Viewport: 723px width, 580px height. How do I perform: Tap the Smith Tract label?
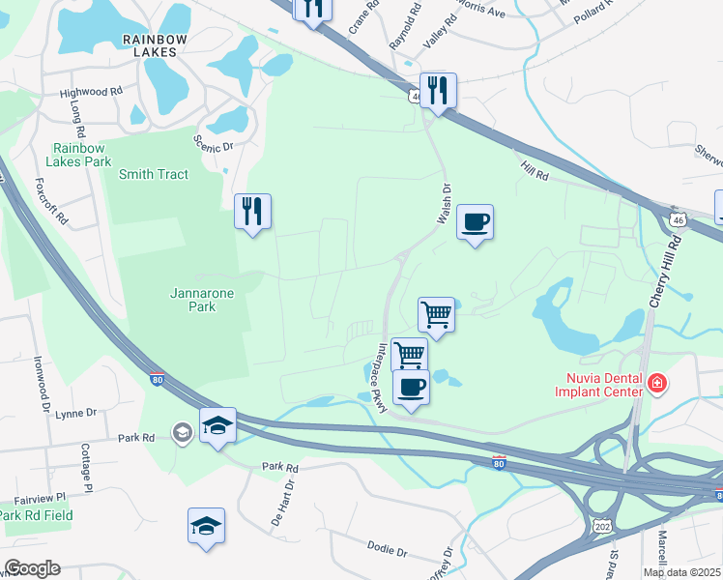pos(154,174)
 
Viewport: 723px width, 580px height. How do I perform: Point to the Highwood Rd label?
pos(91,93)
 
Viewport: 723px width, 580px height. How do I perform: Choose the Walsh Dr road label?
pos(445,207)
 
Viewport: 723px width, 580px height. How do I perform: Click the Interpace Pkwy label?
pos(383,378)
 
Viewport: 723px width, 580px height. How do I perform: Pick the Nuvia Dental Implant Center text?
pos(598,385)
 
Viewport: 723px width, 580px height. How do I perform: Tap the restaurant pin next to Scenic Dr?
pos(253,211)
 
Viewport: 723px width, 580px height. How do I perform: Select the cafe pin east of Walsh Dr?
pos(475,222)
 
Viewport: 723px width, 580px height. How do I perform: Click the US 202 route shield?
pos(602,525)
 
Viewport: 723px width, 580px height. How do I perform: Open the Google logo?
pos(32,568)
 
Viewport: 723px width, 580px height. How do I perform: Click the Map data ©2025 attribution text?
pos(681,572)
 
